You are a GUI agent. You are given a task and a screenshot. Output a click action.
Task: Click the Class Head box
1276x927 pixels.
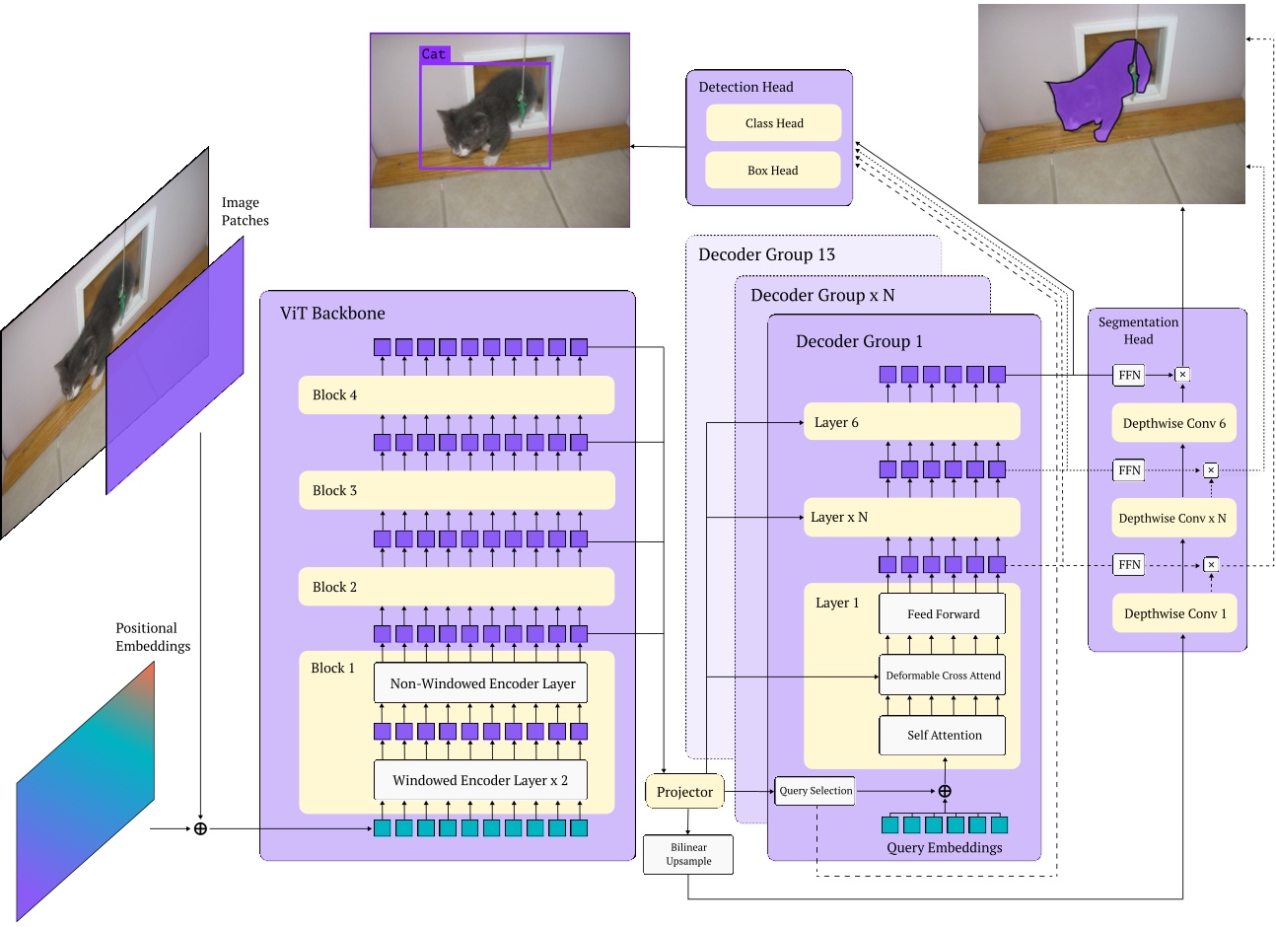[x=774, y=123]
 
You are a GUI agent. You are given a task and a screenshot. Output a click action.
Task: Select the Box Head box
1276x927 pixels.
[x=773, y=171]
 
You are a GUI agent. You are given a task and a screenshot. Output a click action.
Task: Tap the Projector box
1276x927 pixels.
[x=684, y=792]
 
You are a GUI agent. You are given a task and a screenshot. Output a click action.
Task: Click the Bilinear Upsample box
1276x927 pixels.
[x=688, y=854]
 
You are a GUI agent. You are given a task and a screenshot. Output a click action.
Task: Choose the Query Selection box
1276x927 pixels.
[x=815, y=791]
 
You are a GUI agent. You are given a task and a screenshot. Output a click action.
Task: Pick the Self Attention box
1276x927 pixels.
[x=943, y=735]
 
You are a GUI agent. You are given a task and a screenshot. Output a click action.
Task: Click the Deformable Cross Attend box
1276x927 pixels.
[x=943, y=676]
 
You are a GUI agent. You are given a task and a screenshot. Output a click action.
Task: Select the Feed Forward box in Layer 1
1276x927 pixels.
[x=943, y=613]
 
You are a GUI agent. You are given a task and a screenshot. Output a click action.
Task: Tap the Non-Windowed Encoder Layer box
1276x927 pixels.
[x=481, y=683]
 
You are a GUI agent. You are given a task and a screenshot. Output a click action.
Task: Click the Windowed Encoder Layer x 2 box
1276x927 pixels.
[x=480, y=780]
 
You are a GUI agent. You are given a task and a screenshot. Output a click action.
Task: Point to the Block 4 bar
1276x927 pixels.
[x=457, y=395]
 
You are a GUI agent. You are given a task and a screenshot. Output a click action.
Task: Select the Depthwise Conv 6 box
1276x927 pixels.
[x=1173, y=423]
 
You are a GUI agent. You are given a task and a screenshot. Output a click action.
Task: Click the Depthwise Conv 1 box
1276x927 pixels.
[x=1174, y=613]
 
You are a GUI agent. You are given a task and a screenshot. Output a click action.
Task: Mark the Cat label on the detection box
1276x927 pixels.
[x=434, y=55]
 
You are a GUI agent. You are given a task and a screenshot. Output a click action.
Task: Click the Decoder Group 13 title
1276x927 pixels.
[x=766, y=254]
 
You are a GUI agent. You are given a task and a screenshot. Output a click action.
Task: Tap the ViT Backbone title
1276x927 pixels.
[x=332, y=314]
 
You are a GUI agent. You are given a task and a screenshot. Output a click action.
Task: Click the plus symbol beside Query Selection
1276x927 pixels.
[x=945, y=791]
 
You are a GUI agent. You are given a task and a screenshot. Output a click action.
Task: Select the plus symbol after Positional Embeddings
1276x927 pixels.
[x=200, y=828]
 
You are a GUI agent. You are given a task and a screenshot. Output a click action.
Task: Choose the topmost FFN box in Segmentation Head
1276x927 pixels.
[x=1129, y=375]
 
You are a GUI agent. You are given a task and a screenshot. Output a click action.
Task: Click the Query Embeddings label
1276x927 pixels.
[x=944, y=847]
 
